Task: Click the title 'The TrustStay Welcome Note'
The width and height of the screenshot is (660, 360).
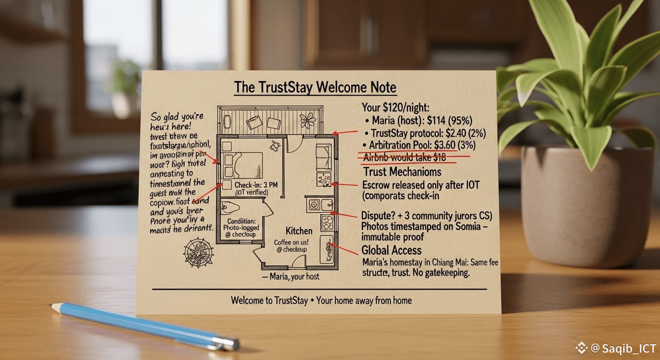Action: pyautogui.click(x=315, y=88)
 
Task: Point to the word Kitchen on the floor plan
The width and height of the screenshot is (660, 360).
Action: pyautogui.click(x=299, y=231)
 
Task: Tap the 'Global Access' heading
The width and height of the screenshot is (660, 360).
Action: pyautogui.click(x=391, y=250)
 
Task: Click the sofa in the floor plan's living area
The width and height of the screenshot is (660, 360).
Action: pyautogui.click(x=323, y=157)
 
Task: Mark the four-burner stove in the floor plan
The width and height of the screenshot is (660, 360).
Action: pyautogui.click(x=327, y=221)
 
